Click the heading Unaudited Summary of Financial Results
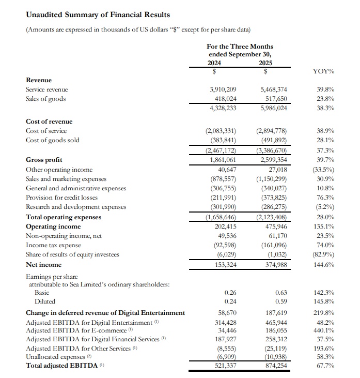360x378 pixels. coord(98,15)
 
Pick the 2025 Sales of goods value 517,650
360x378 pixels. coord(274,99)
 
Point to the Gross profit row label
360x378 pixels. coord(44,160)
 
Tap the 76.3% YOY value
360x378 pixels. coord(325,198)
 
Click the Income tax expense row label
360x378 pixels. coord(53,245)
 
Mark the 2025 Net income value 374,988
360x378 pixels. coord(274,265)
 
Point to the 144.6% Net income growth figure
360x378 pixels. coord(324,265)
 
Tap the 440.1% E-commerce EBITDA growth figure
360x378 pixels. coord(324,331)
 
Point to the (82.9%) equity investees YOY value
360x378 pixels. coord(324,254)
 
